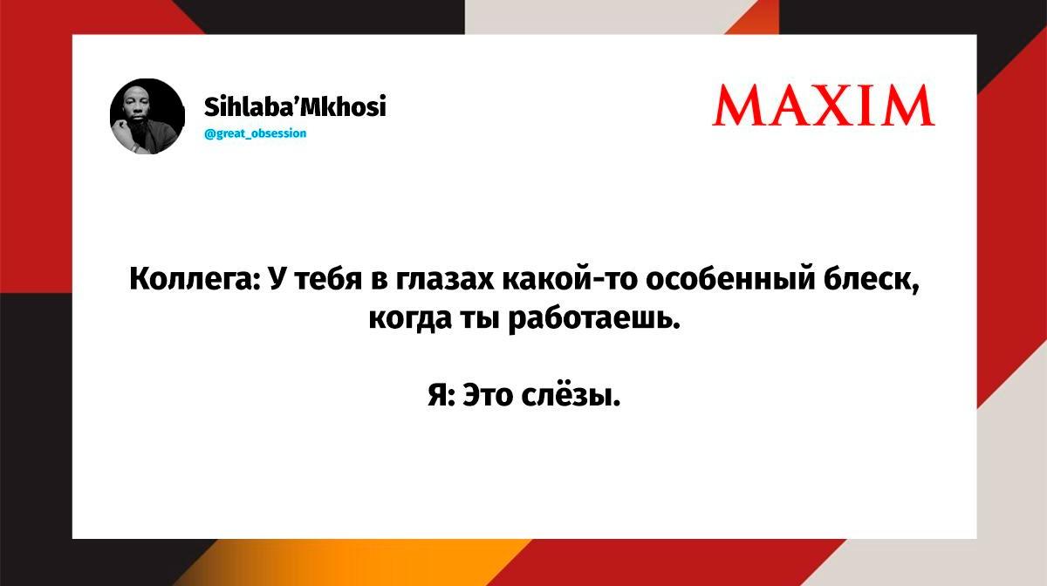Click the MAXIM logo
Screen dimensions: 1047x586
click(x=823, y=105)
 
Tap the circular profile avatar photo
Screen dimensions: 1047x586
click(x=147, y=116)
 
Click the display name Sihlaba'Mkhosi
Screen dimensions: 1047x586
click(x=295, y=106)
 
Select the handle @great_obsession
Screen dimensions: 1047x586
click(x=255, y=133)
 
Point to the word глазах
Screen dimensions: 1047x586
click(x=445, y=279)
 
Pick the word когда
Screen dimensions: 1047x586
click(x=410, y=318)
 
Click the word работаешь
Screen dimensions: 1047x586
click(x=594, y=318)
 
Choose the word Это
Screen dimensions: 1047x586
click(x=488, y=395)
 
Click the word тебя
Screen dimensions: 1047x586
click(x=329, y=279)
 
